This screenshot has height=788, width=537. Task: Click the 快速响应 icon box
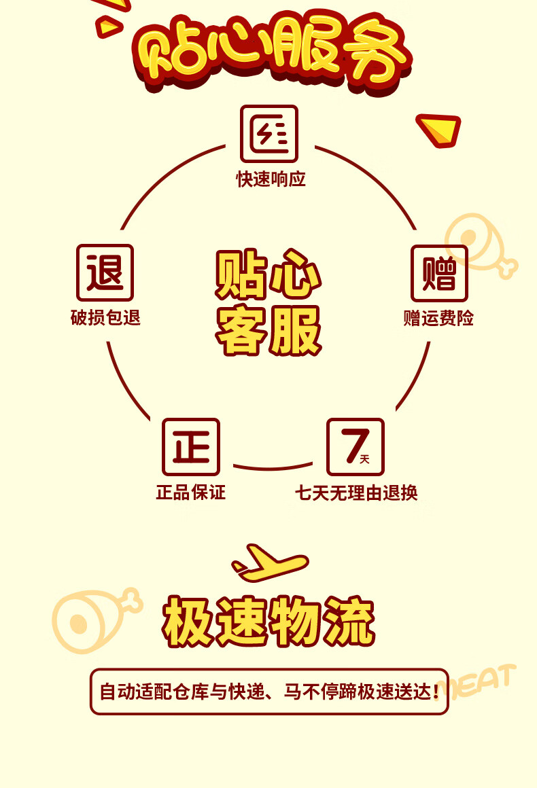click(x=269, y=133)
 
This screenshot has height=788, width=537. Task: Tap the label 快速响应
click(x=271, y=179)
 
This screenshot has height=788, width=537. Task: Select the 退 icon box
click(x=105, y=272)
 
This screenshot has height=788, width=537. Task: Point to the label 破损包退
click(x=105, y=318)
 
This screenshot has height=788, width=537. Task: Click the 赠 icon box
click(x=439, y=273)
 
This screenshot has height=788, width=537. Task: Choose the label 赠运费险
click(x=438, y=318)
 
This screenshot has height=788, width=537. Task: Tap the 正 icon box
click(x=191, y=446)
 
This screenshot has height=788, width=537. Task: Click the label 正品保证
click(x=190, y=492)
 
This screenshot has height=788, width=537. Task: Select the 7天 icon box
click(x=356, y=446)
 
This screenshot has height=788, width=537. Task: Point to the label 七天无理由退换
click(x=356, y=492)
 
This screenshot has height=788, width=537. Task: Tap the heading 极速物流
click(x=268, y=622)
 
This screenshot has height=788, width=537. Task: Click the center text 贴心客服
click(x=268, y=302)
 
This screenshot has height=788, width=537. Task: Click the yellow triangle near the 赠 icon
click(x=438, y=129)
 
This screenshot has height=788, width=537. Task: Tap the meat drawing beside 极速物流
click(x=92, y=618)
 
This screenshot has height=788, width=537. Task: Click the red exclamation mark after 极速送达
click(x=436, y=692)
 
